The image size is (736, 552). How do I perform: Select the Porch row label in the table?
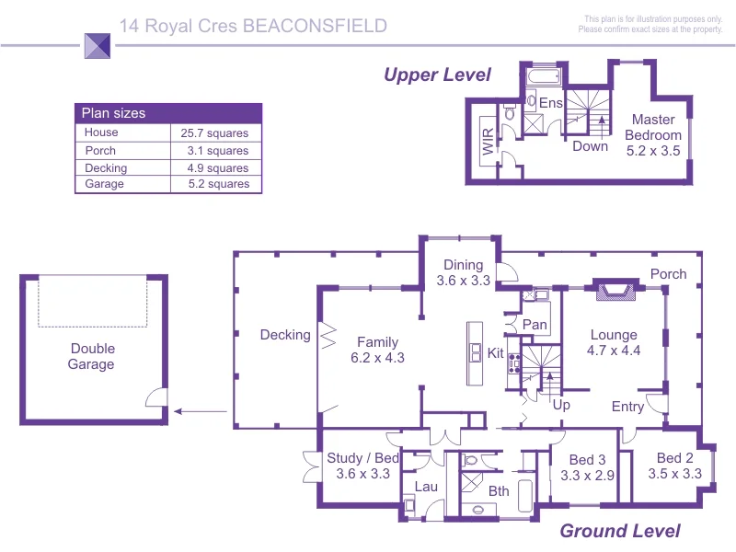coord(100,151)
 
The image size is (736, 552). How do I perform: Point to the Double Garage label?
coord(91,356)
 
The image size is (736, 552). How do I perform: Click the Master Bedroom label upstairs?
coord(653,134)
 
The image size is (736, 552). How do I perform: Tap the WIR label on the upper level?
coord(487,145)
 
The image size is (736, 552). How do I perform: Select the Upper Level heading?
coord(437,75)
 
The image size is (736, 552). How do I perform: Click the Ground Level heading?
coord(620,531)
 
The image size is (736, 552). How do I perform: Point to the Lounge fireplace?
coord(614,291)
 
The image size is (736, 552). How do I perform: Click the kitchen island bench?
coord(475,353)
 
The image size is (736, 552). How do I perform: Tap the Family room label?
coord(377,351)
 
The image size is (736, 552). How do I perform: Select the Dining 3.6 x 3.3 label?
coord(463,272)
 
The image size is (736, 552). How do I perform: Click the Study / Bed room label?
coord(362,466)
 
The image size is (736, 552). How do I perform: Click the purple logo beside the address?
coord(98,45)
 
